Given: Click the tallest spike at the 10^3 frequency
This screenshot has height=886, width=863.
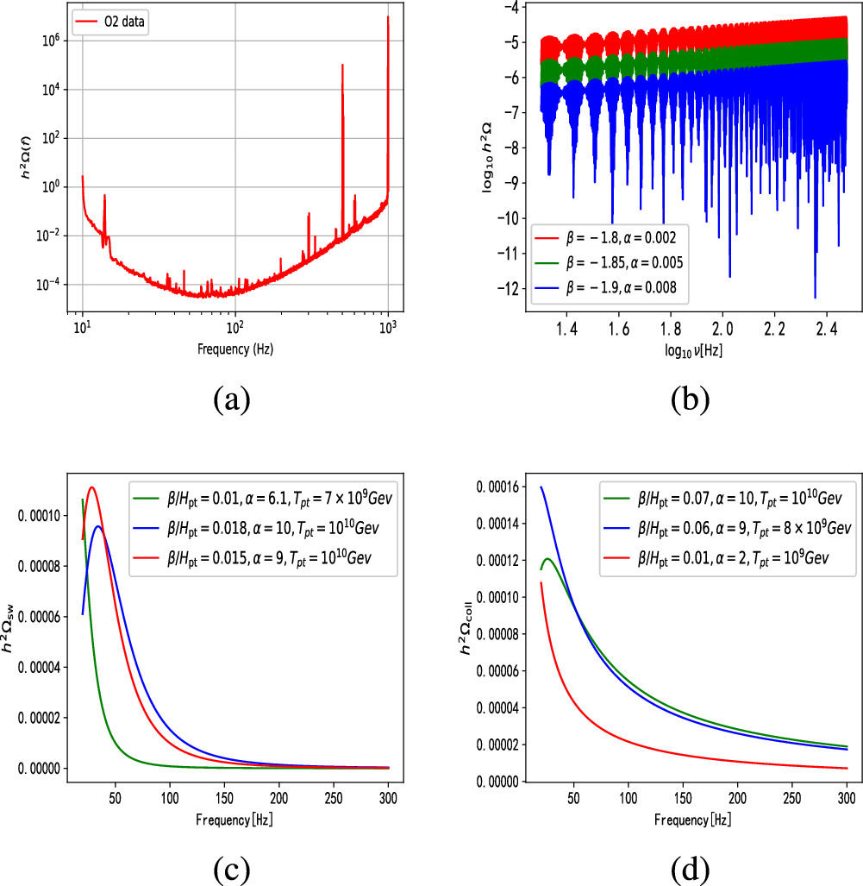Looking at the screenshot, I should [x=388, y=19].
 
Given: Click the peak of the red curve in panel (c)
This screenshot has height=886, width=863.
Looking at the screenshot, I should [x=91, y=487].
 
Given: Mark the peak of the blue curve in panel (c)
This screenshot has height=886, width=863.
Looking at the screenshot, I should [x=98, y=526].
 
